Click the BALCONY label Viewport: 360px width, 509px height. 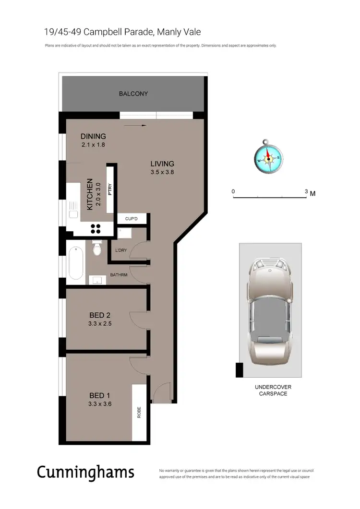coord(133,94)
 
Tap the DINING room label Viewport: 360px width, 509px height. coord(93,136)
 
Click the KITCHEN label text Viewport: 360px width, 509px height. coord(90,194)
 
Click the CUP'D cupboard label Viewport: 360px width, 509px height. coord(132,219)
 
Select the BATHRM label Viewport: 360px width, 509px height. coord(119,275)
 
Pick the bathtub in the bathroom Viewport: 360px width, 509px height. coord(76,263)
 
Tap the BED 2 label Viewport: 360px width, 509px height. coord(100,315)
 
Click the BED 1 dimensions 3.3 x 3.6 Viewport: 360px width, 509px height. coord(100,403)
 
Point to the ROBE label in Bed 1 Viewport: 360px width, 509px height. coord(139,413)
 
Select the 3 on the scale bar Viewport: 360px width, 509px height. coord(306,191)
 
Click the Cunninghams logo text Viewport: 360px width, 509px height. coord(86,473)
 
